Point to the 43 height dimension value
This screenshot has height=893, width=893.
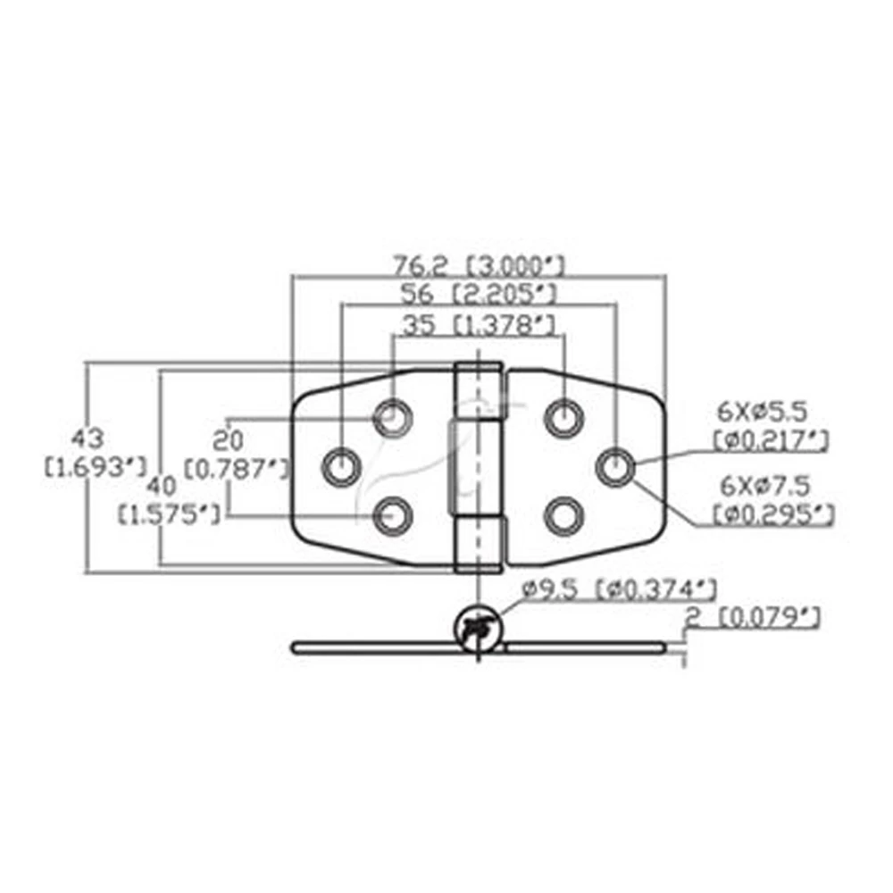(x=90, y=438)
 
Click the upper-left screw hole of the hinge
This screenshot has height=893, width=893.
(x=391, y=416)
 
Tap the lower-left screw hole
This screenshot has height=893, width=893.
(x=391, y=515)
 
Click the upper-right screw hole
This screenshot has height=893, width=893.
(x=563, y=416)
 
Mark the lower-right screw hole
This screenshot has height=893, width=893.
(x=563, y=515)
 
